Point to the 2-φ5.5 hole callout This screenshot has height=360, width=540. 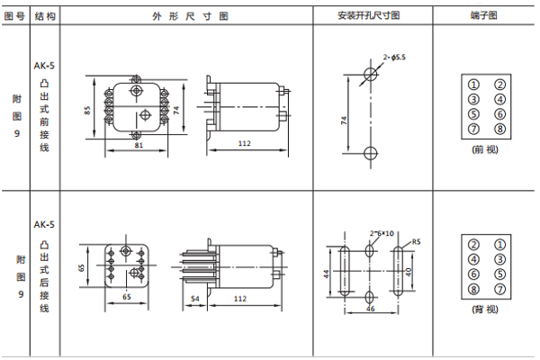coord(394,57)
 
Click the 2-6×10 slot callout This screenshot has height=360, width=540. coord(382,232)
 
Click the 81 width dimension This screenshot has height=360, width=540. coord(138,144)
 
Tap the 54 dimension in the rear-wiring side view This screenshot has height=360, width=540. coord(196,296)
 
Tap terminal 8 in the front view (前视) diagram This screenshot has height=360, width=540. coord(499,129)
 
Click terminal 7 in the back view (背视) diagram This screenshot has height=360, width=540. coord(499,288)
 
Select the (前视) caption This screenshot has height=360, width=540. coord(486,150)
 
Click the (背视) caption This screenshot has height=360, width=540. coord(486,310)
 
